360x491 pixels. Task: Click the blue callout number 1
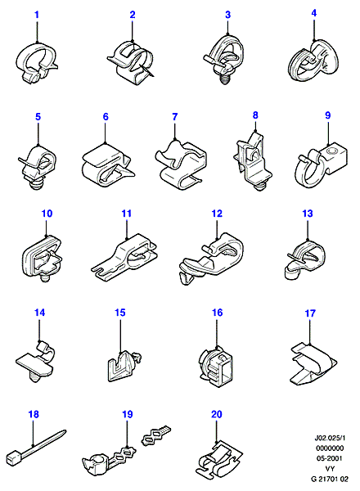pyautogui.click(x=37, y=15)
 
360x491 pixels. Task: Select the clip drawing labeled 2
pyautogui.click(x=130, y=63)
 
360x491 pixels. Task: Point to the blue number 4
pyautogui.click(x=314, y=13)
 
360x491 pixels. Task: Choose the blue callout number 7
pyautogui.click(x=174, y=117)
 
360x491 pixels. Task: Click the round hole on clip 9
pyautogui.click(x=331, y=152)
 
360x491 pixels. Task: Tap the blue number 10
pyautogui.click(x=47, y=214)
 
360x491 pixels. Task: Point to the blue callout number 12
pyautogui.click(x=217, y=214)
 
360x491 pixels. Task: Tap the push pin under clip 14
pyautogui.click(x=34, y=378)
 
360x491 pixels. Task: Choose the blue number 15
pyautogui.click(x=120, y=313)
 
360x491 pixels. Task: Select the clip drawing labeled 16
pyautogui.click(x=216, y=366)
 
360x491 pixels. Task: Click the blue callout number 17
pyautogui.click(x=310, y=313)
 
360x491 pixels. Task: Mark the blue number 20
pyautogui.click(x=217, y=414)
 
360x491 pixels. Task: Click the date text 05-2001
pyautogui.click(x=330, y=458)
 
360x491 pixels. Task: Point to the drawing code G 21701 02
pyautogui.click(x=330, y=479)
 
